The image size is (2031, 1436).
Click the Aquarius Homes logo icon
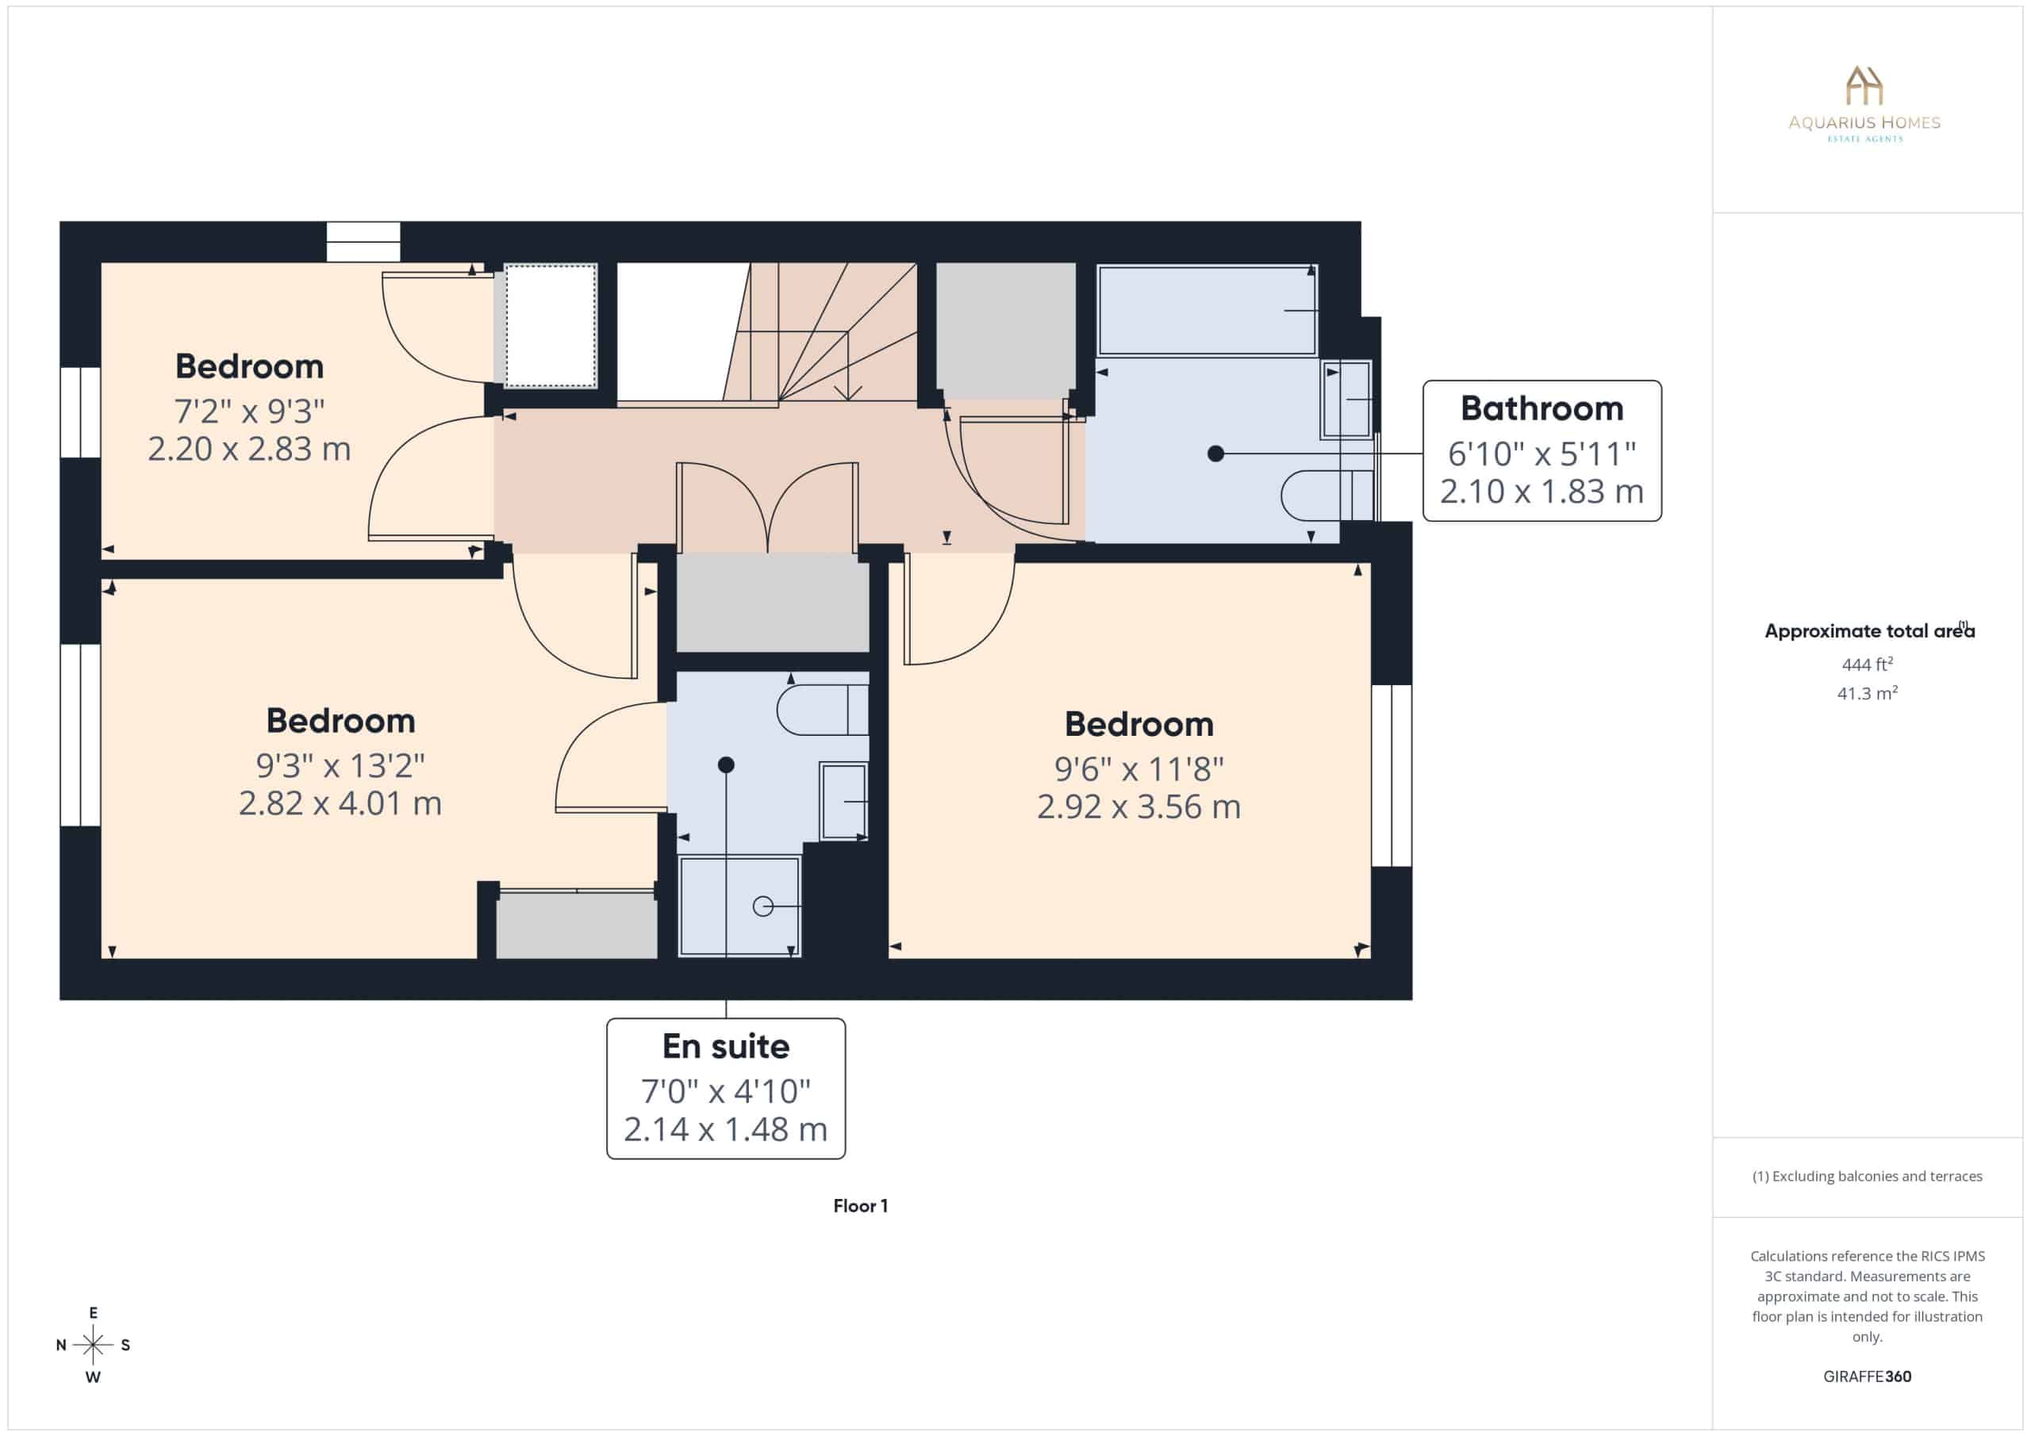pos(1864,85)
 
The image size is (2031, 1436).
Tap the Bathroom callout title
pos(1541,408)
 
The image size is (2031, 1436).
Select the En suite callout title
pos(725,1046)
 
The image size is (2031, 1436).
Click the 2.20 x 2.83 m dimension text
pos(249,449)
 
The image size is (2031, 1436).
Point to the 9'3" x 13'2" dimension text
pos(340,766)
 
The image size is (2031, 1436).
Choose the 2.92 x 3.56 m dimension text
pos(1138,806)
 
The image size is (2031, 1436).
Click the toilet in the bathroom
pos(1326,495)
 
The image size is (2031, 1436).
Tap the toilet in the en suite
pos(823,710)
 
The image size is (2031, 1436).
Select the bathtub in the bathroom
pos(1207,310)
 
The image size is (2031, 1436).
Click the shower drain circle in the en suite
pos(762,906)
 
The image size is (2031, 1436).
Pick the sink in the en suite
pos(843,801)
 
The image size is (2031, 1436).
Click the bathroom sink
pos(1346,400)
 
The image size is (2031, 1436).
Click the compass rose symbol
pos(93,1345)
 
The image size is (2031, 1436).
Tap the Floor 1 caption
pos(860,1206)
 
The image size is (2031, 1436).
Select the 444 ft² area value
pos(1867,664)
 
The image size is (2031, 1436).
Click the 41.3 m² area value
pos(1867,693)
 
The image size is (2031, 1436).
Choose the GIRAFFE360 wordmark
pos(1867,1377)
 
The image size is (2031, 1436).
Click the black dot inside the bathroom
pos(1215,454)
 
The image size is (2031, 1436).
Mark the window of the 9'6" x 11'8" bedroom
pos(1392,775)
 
